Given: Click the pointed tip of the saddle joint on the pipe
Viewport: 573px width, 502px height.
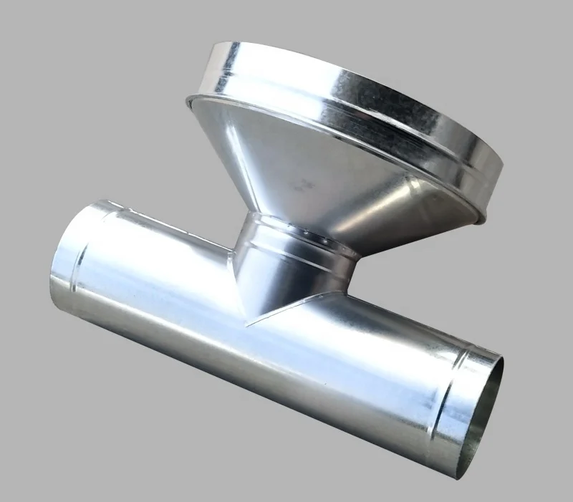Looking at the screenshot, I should [247, 324].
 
